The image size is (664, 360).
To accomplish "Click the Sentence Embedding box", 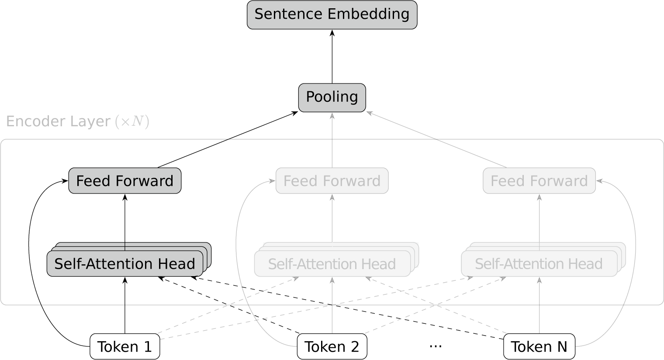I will click(332, 15).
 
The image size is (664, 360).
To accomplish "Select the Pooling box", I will click(332, 97).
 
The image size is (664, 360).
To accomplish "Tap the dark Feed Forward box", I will click(125, 180).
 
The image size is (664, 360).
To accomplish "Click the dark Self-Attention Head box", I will click(125, 263).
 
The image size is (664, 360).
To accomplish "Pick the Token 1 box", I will click(125, 346).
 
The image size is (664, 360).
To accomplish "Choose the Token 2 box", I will click(332, 346).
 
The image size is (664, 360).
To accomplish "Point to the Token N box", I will click(539, 346).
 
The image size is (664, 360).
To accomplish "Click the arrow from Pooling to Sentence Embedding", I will click(332, 57).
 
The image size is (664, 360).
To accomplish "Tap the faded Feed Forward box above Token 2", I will click(332, 180).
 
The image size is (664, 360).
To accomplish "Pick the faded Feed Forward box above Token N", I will click(539, 180).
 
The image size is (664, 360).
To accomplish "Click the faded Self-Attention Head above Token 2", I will click(332, 263).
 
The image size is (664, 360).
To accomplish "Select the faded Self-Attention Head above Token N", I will click(539, 263).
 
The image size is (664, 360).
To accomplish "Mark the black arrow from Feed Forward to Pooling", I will click(227, 140).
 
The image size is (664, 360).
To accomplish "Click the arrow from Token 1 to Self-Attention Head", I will click(125, 306).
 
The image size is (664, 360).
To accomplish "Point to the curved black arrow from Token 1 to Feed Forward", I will click(30, 262).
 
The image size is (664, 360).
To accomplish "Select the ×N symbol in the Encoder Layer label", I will click(132, 121).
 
